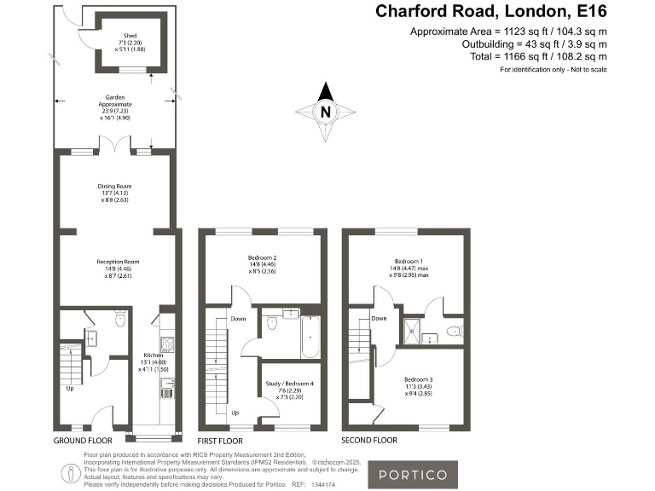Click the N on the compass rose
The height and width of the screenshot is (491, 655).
[324, 111]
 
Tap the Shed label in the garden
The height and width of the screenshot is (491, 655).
[118, 34]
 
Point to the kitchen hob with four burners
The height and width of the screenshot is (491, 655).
[168, 344]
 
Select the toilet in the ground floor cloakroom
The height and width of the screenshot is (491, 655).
[120, 319]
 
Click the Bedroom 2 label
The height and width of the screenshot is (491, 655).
[262, 257]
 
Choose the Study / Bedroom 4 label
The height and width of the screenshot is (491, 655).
[290, 384]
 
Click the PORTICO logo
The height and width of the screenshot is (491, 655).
[412, 475]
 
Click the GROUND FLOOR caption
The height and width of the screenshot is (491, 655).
[83, 441]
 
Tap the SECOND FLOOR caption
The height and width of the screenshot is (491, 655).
[369, 441]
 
